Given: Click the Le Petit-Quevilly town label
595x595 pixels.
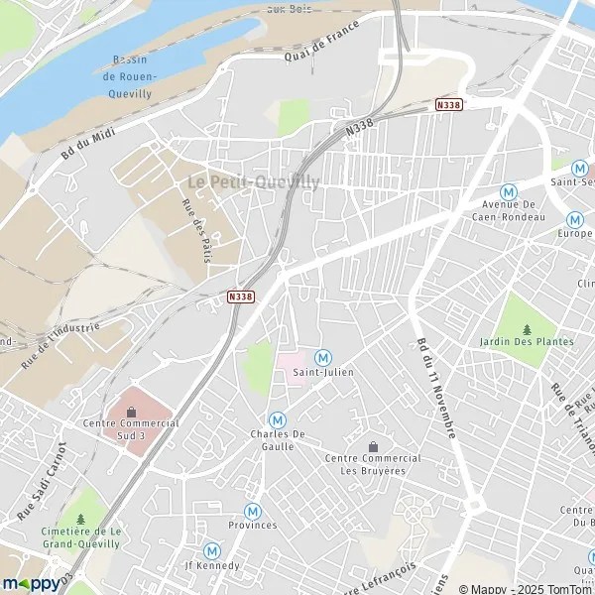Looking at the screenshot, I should pyautogui.click(x=254, y=181).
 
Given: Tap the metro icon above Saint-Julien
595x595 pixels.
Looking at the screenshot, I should pyautogui.click(x=321, y=357).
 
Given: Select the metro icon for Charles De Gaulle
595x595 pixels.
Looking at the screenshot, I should pyautogui.click(x=278, y=419).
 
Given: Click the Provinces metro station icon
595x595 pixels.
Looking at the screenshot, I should pyautogui.click(x=252, y=511).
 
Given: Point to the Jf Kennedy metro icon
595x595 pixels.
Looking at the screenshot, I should pyautogui.click(x=211, y=550).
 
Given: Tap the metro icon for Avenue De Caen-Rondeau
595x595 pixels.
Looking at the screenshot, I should pyautogui.click(x=509, y=191).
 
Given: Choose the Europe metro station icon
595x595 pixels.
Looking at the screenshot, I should pyautogui.click(x=574, y=219).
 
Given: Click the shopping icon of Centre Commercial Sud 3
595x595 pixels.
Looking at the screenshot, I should pyautogui.click(x=131, y=412).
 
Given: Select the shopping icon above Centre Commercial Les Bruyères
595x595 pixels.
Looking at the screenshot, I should pyautogui.click(x=373, y=446).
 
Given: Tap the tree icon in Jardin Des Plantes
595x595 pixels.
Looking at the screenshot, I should pyautogui.click(x=527, y=330).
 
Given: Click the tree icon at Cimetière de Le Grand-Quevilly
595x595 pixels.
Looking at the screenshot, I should pyautogui.click(x=81, y=518).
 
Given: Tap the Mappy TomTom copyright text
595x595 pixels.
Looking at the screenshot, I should pyautogui.click(x=523, y=589).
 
